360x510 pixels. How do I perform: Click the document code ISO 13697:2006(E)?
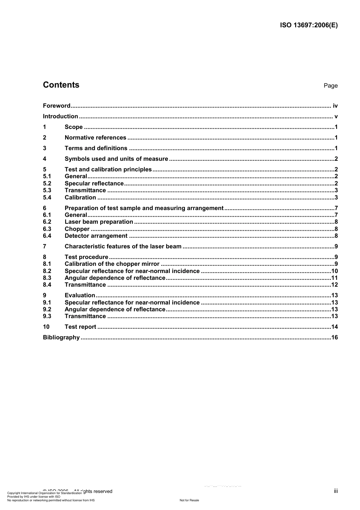click(308, 25)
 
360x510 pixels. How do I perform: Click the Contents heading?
click(61, 85)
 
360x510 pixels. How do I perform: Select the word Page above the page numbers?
click(330, 86)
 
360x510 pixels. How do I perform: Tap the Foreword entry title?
click(56, 106)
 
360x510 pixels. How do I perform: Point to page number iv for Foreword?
click(335, 106)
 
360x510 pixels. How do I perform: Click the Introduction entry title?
click(60, 116)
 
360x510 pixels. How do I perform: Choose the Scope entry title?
click(74, 127)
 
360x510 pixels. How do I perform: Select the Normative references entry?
click(95, 138)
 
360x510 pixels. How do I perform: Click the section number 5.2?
click(47, 184)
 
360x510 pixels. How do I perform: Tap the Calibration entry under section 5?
click(80, 198)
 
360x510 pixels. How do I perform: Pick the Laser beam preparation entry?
click(99, 222)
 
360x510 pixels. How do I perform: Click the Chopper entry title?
click(77, 229)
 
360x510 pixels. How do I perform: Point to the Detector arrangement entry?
click(96, 236)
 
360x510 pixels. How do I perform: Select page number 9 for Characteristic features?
click(336, 246)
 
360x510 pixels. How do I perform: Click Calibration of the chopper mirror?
click(112, 264)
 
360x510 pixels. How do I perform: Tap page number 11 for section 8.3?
click(334, 278)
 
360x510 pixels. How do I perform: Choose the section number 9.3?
click(47, 316)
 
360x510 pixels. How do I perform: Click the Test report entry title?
click(80, 327)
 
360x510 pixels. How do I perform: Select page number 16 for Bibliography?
click(334, 337)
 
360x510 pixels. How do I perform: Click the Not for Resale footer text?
click(189, 500)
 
